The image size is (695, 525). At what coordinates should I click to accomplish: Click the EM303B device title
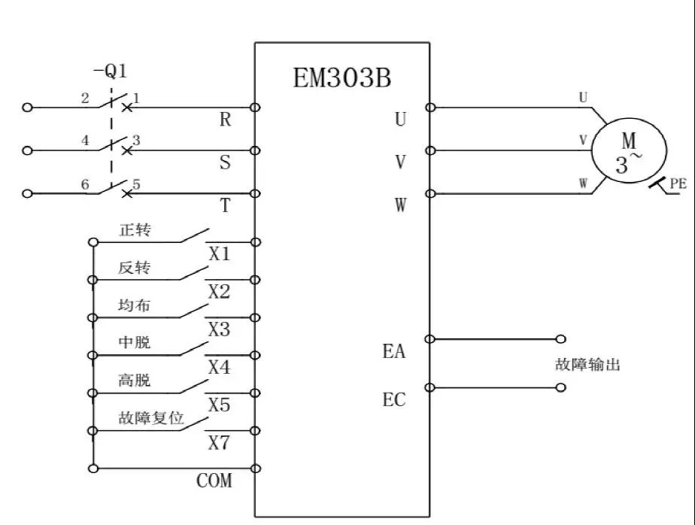342,78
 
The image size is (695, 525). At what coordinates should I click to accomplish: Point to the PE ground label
678,184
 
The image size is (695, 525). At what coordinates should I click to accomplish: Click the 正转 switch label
135,230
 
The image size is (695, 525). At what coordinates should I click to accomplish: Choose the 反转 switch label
135,269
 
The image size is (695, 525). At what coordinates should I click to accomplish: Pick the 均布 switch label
135,305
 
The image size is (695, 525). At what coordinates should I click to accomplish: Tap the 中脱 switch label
135,343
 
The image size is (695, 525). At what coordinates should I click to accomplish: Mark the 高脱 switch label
135,381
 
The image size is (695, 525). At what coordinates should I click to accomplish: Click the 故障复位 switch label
151,418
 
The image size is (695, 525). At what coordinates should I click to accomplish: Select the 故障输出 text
587,366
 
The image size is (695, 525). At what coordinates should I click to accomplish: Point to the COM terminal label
214,481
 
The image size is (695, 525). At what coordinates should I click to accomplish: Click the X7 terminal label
219,443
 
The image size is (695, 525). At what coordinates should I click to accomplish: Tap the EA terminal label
393,351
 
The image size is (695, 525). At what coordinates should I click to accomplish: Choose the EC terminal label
393,400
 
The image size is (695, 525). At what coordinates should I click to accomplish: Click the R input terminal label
225,120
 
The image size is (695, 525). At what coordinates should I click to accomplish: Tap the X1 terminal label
219,254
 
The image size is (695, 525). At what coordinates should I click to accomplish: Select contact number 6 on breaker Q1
85,184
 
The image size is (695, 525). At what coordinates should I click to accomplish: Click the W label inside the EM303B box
400,205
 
